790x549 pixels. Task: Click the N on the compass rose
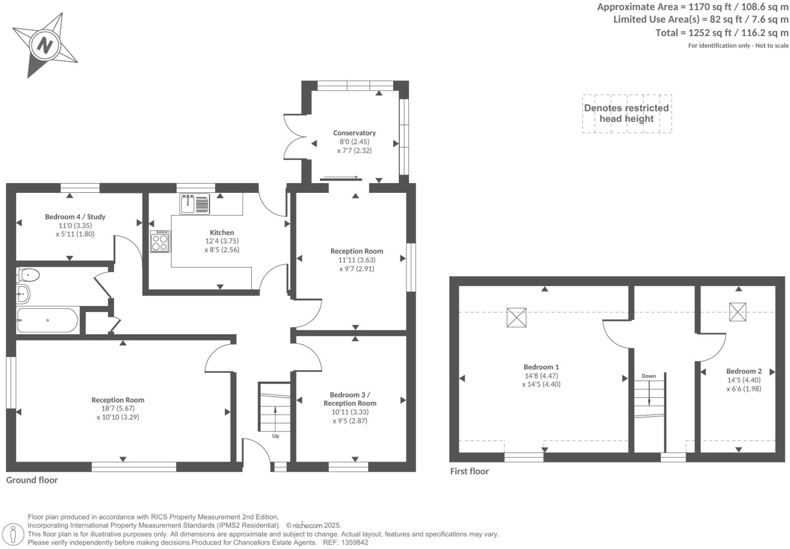tap(45, 46)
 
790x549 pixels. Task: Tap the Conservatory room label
tap(354, 133)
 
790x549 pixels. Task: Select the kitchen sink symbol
tap(194, 204)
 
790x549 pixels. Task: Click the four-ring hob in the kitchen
tap(160, 241)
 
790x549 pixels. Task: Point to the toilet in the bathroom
tap(28, 275)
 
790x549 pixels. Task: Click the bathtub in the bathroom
tap(47, 320)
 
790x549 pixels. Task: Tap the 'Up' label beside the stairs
tap(275, 436)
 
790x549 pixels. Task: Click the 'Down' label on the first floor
tap(649, 376)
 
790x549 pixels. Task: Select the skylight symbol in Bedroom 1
tap(516, 317)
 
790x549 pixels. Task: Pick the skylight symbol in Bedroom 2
tap(738, 311)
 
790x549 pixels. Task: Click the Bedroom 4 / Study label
tap(75, 217)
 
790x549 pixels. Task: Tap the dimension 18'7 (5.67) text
tap(118, 408)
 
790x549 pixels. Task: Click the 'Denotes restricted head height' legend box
tap(626, 113)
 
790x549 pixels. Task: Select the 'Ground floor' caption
tap(32, 480)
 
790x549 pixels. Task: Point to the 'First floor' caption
tap(469, 471)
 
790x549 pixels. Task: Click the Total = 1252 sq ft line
tap(721, 33)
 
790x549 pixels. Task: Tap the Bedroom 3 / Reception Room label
tap(350, 399)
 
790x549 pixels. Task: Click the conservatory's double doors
tap(295, 137)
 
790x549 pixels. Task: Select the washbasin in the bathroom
tap(23, 294)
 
